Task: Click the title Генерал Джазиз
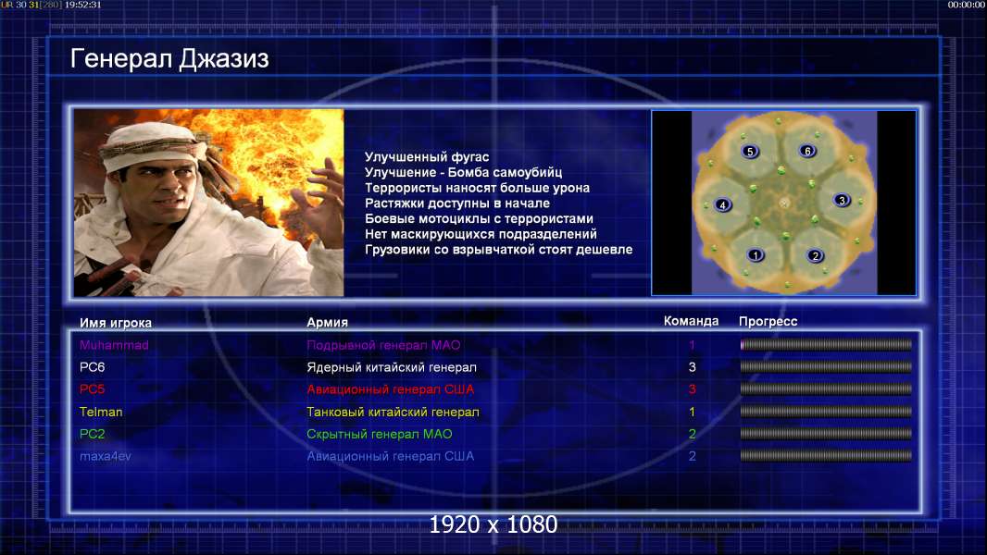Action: pyautogui.click(x=169, y=59)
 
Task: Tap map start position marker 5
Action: pyautogui.click(x=750, y=152)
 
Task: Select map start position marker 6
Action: pyautogui.click(x=807, y=151)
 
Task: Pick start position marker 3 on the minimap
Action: pyautogui.click(x=842, y=201)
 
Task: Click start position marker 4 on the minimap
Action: pyautogui.click(x=722, y=205)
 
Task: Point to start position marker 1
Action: pyautogui.click(x=756, y=254)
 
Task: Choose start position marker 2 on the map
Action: pyautogui.click(x=815, y=256)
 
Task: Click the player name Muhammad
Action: pyautogui.click(x=114, y=345)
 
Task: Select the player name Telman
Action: pyautogui.click(x=101, y=412)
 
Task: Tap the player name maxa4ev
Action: pyautogui.click(x=106, y=456)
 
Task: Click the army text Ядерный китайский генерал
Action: pyautogui.click(x=392, y=367)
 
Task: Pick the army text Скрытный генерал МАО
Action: pyautogui.click(x=380, y=435)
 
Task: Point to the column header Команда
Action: pyautogui.click(x=691, y=321)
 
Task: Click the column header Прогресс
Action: pyautogui.click(x=768, y=322)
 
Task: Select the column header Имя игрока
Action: pyautogui.click(x=115, y=323)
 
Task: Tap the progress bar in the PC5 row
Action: pyautogui.click(x=826, y=389)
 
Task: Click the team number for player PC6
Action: pyautogui.click(x=692, y=367)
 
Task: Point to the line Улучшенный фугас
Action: pyautogui.click(x=427, y=157)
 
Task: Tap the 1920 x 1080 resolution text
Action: pyautogui.click(x=493, y=524)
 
